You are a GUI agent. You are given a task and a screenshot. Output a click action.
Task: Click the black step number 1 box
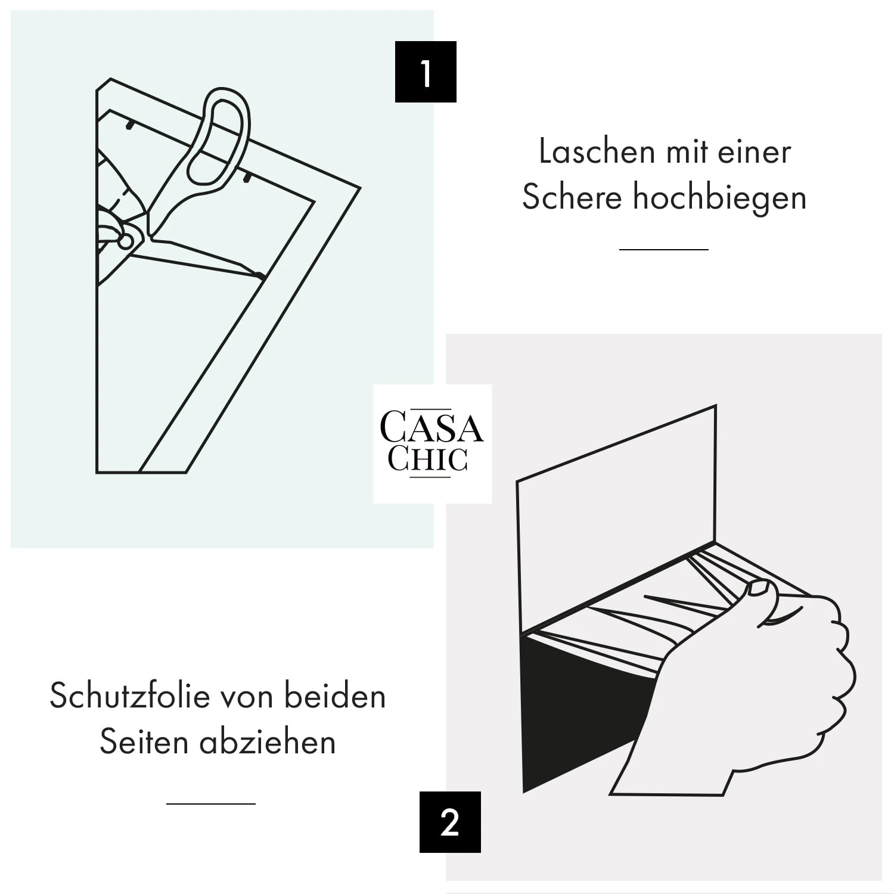(x=426, y=72)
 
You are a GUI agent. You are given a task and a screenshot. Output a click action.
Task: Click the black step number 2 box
(x=450, y=822)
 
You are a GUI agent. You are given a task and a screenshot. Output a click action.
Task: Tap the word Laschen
(x=597, y=151)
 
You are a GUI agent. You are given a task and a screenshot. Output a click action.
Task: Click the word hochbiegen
(x=719, y=197)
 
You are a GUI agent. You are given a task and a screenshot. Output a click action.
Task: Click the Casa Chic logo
(x=432, y=443)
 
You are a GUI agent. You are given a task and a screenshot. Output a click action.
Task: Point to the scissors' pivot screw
(x=126, y=241)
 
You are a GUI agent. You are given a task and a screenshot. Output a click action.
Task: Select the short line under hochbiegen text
(x=663, y=249)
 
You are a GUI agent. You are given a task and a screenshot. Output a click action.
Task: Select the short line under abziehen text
(x=210, y=804)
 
